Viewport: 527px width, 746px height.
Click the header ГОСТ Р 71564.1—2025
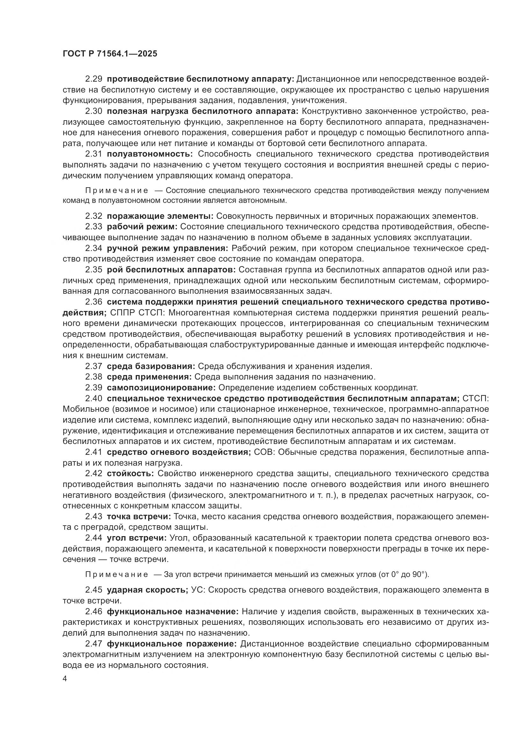110,54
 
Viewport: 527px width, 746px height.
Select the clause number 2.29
94,79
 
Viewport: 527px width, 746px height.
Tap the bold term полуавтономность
150,154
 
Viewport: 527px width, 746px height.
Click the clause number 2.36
94,302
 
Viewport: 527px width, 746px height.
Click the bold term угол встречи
137,538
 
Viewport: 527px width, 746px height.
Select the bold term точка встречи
139,517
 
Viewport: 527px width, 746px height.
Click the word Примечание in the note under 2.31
117,191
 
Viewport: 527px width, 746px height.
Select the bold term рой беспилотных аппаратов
171,270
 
